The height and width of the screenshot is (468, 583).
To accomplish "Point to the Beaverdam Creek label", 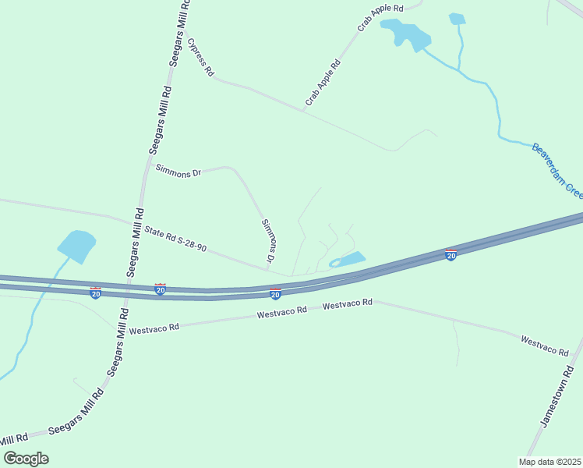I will [556, 169].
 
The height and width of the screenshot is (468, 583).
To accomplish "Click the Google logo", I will [26, 458].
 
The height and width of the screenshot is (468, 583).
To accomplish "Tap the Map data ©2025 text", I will [549, 461].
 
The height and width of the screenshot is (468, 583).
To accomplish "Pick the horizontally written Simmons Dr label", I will [178, 171].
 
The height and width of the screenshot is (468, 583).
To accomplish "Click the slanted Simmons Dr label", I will [270, 239].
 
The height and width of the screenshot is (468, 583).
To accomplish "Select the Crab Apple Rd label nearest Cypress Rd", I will [323, 83].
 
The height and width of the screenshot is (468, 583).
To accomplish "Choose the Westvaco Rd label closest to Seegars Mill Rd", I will [154, 328].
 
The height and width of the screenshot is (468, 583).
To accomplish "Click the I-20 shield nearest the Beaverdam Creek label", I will [450, 254].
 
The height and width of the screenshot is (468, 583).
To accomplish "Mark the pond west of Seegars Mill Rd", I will [76, 246].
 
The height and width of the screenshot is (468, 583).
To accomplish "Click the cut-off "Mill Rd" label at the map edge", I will [14, 440].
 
